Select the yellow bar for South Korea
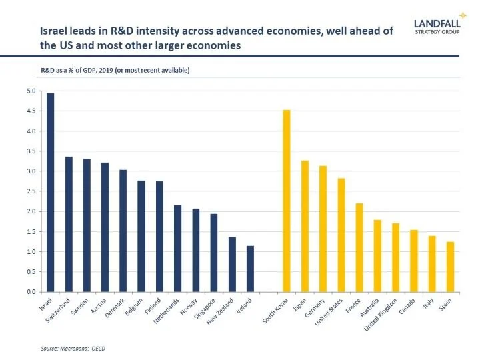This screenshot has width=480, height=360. (x=287, y=201)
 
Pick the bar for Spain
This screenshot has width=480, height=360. (x=450, y=267)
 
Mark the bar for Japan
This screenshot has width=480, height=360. (x=305, y=226)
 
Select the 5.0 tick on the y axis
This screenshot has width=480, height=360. (x=31, y=91)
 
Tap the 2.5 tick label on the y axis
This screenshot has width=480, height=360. (x=31, y=191)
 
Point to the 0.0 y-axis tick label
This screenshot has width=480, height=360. (x=31, y=292)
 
